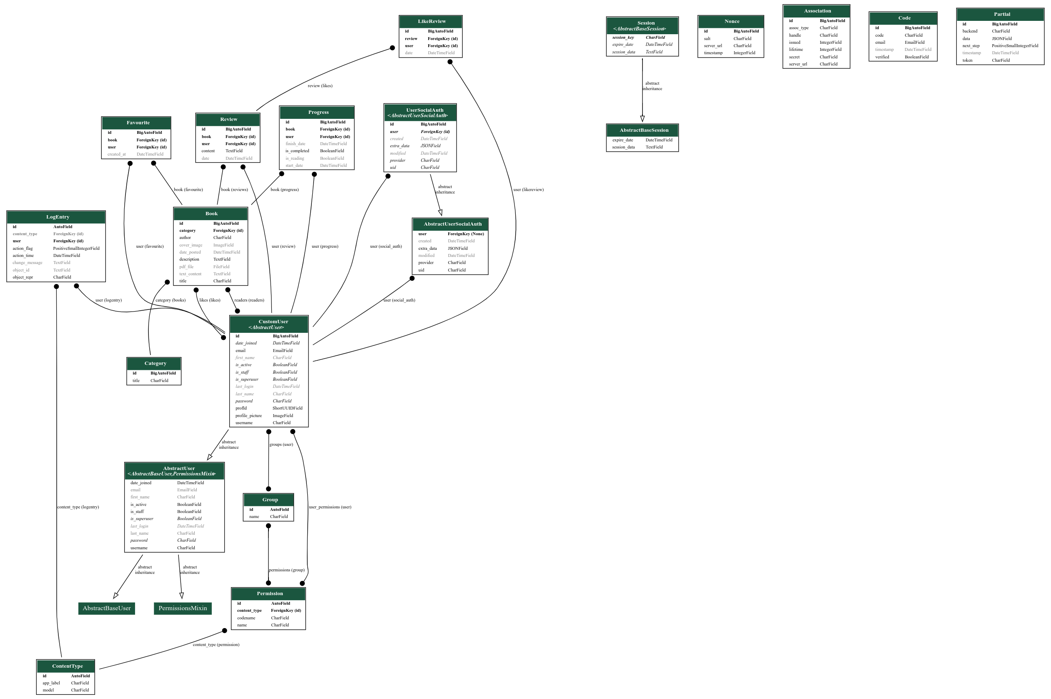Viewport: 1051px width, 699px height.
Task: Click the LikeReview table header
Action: (x=431, y=21)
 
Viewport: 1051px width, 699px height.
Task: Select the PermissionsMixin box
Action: (x=183, y=608)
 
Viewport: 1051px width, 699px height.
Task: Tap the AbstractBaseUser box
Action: (x=106, y=608)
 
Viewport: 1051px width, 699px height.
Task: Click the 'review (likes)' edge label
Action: (x=320, y=85)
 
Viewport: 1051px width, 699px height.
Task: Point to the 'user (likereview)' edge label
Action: (x=528, y=189)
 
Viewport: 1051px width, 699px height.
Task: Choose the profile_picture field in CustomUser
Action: (x=248, y=415)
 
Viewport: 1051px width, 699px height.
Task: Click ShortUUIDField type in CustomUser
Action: (x=287, y=408)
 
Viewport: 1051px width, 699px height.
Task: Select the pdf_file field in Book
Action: (x=186, y=267)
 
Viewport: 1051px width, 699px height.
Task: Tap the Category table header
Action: (x=155, y=363)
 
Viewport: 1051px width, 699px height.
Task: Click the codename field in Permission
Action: (x=246, y=618)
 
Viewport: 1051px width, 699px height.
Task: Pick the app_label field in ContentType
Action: (x=51, y=683)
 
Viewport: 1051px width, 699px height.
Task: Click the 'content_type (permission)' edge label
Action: (x=216, y=645)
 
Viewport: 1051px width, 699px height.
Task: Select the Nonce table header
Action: (x=732, y=21)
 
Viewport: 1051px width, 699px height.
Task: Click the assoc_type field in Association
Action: (x=798, y=28)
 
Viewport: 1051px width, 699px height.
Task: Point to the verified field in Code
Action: (x=882, y=57)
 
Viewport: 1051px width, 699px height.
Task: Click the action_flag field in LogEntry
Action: (x=23, y=248)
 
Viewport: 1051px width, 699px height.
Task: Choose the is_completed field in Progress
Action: (x=297, y=151)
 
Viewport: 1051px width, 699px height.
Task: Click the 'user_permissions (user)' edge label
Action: (x=330, y=507)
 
